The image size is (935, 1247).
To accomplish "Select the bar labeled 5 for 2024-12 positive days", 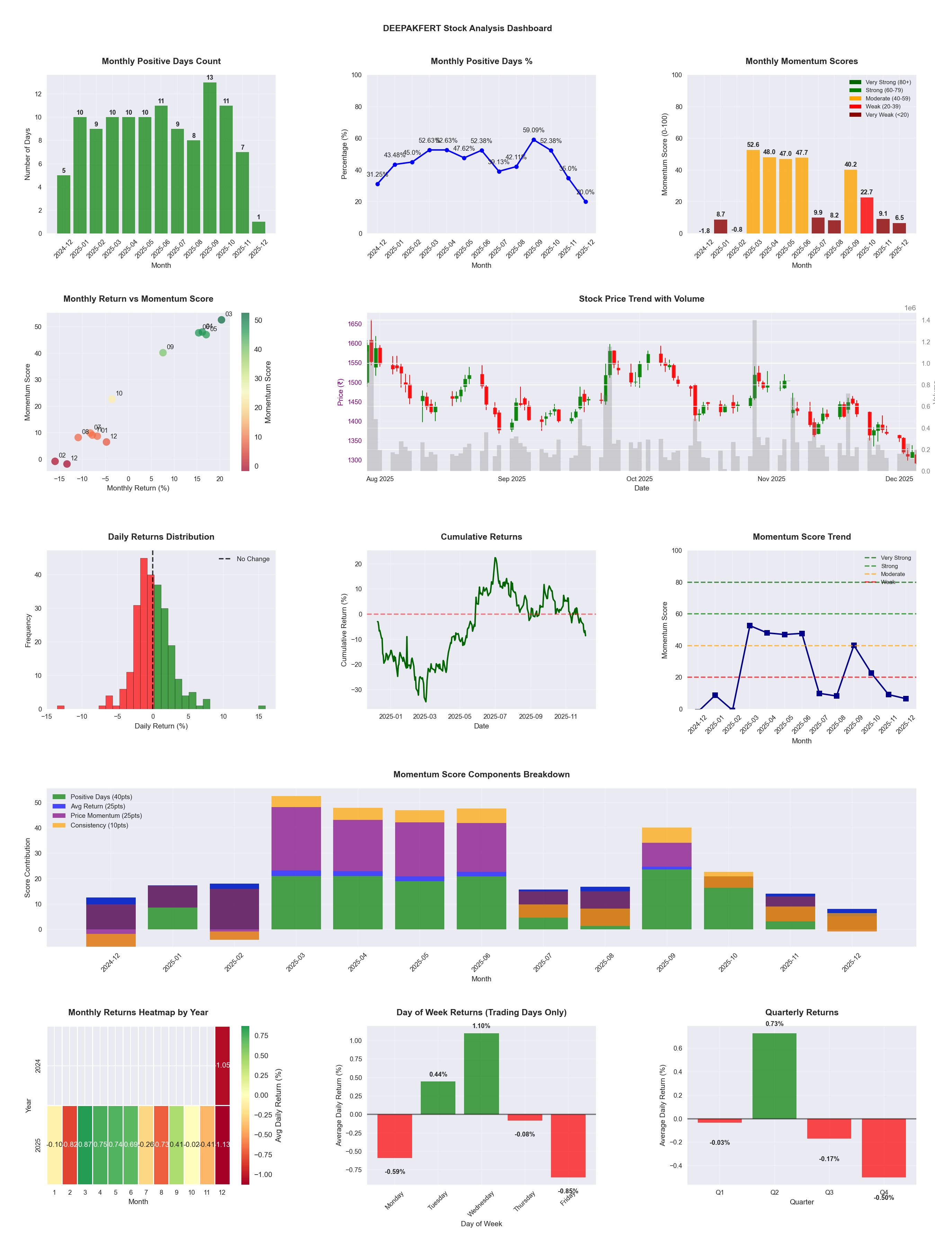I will tap(64, 204).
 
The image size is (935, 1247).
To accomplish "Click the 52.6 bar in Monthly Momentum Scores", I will tap(753, 192).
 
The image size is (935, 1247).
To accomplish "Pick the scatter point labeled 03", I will tap(222, 320).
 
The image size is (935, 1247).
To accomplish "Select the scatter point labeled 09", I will tap(163, 353).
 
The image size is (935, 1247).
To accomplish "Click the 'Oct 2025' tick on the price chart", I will tap(639, 479).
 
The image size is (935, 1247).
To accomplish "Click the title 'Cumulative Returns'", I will tap(481, 537).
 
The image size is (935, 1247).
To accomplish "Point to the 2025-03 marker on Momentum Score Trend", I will tap(750, 626).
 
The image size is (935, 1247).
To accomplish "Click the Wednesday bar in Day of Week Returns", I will tap(481, 1073).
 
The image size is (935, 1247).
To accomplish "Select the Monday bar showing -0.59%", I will tap(394, 1136).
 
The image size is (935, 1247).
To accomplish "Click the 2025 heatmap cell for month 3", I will tap(85, 1144).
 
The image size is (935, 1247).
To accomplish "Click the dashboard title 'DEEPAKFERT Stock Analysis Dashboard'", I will tap(467, 28).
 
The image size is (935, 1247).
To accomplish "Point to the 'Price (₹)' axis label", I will tap(340, 392).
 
